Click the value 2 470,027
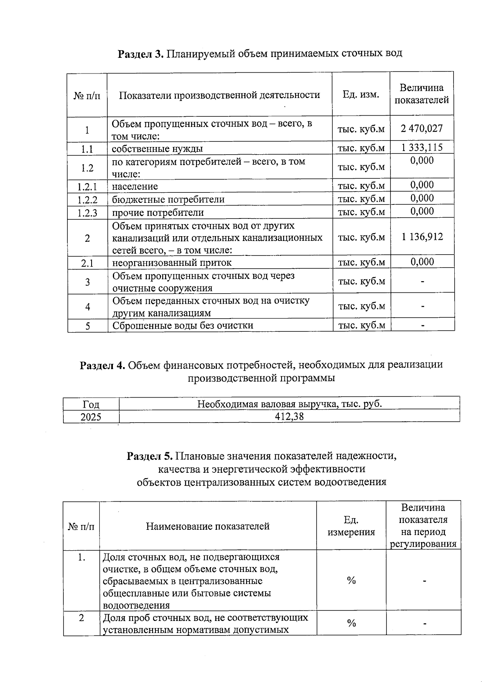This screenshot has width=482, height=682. pyautogui.click(x=422, y=129)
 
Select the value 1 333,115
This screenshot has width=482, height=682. pyautogui.click(x=422, y=147)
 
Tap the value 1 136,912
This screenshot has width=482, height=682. pyautogui.click(x=422, y=237)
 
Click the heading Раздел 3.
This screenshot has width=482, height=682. pyautogui.click(x=140, y=53)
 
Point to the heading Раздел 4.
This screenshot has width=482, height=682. pyautogui.click(x=103, y=365)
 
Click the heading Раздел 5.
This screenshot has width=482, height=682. pyautogui.click(x=149, y=456)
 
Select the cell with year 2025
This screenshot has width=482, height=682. pyautogui.click(x=91, y=417)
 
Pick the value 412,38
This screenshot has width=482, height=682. pyautogui.click(x=289, y=417)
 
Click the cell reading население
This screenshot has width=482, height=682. pyautogui.click(x=135, y=186)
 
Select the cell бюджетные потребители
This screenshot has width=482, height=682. pyautogui.click(x=168, y=200)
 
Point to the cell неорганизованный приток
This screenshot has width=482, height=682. pyautogui.click(x=172, y=263)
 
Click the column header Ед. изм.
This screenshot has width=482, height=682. pyautogui.click(x=361, y=95)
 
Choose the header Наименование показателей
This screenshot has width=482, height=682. pyautogui.click(x=207, y=526)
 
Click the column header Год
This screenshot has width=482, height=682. pyautogui.click(x=91, y=404)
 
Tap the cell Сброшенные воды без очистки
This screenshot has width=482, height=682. pyautogui.click(x=183, y=325)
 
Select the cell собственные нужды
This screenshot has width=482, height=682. pyautogui.click(x=157, y=149)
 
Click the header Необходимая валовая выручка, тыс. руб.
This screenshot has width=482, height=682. pyautogui.click(x=289, y=404)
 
